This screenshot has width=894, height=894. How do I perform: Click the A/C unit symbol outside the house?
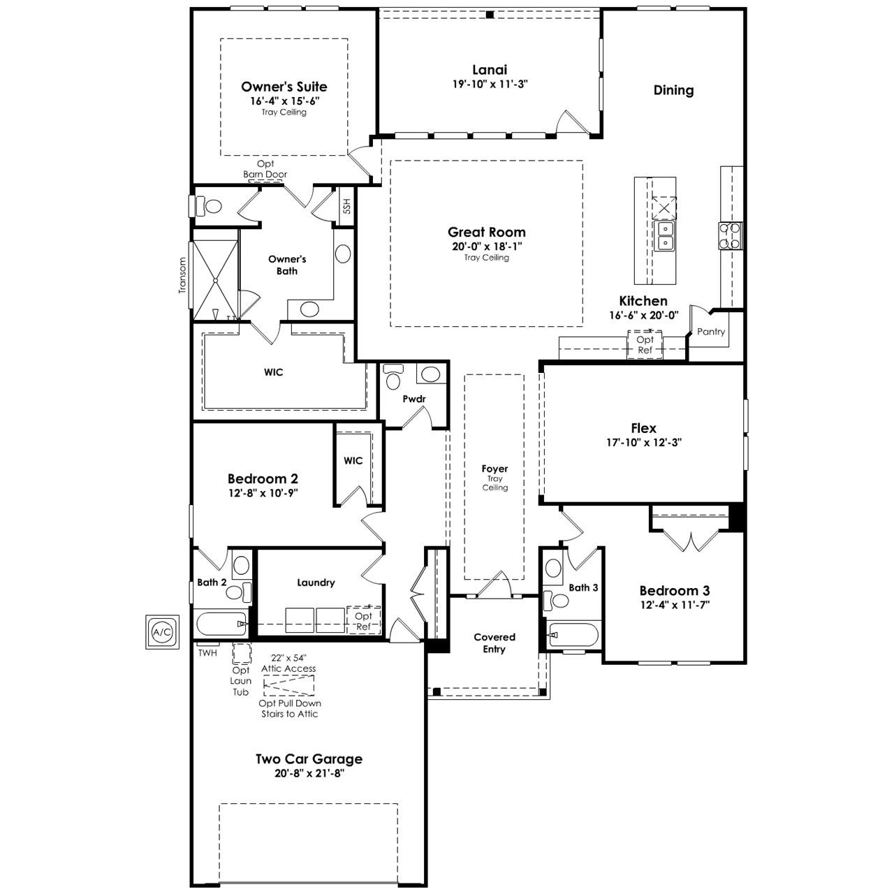[x=162, y=632]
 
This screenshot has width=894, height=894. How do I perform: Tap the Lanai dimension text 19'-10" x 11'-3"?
[x=490, y=85]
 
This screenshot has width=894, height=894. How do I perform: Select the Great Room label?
[x=486, y=232]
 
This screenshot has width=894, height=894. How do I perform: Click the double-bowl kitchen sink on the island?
[x=664, y=235]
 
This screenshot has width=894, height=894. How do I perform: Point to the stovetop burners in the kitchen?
[x=731, y=235]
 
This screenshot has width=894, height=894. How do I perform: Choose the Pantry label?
[x=711, y=331]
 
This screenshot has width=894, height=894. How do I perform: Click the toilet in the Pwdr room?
[x=393, y=376]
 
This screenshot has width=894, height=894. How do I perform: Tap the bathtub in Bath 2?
[x=221, y=624]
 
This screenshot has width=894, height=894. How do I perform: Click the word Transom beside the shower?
[x=182, y=276]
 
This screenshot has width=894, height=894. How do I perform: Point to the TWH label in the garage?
[x=207, y=653]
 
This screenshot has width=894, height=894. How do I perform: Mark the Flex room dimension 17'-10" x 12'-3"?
[x=643, y=443]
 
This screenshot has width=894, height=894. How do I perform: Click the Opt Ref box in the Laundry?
[x=364, y=621]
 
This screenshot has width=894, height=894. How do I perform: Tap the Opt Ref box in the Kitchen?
[x=645, y=345]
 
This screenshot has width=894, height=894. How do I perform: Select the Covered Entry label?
[x=494, y=643]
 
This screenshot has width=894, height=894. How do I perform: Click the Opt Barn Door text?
[x=265, y=169]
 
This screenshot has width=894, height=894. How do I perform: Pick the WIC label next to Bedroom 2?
[x=353, y=461]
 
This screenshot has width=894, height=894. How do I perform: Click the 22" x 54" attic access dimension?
[x=288, y=658]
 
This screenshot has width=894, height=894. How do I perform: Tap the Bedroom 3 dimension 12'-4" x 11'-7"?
[x=675, y=605]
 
